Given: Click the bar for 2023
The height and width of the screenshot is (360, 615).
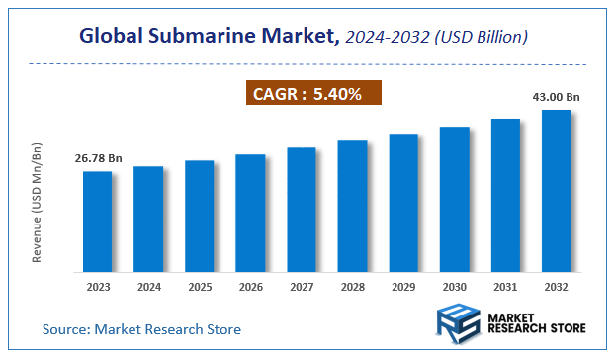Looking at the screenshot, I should pos(97,222).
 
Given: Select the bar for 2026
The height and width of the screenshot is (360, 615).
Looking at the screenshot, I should pos(250,213).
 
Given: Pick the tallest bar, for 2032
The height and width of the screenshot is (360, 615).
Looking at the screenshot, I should pos(557,190).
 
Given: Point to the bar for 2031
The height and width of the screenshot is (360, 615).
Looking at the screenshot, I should pos(505,195).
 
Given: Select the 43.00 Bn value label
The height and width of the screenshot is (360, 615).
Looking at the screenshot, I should pos(557,96).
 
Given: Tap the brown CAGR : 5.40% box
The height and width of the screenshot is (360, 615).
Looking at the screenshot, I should pos(312,94).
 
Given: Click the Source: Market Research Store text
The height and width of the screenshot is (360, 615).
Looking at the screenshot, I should pos(141,328).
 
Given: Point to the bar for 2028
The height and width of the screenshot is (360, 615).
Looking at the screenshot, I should pos(352,206).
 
